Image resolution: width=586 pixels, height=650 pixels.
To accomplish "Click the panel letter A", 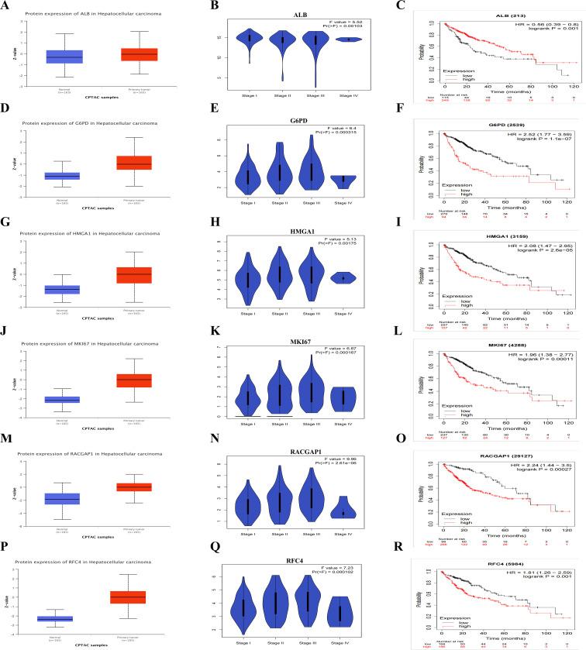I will [5, 6].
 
